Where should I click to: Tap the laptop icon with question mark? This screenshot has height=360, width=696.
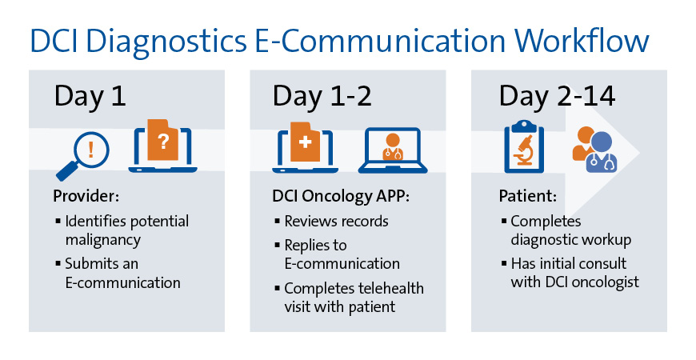pyautogui.click(x=162, y=146)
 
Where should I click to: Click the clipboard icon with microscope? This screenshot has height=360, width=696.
pyautogui.click(x=525, y=148)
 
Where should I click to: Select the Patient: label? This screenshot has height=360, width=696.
pyautogui.click(x=528, y=197)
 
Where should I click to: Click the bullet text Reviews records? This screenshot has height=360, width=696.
pyautogui.click(x=336, y=221)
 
